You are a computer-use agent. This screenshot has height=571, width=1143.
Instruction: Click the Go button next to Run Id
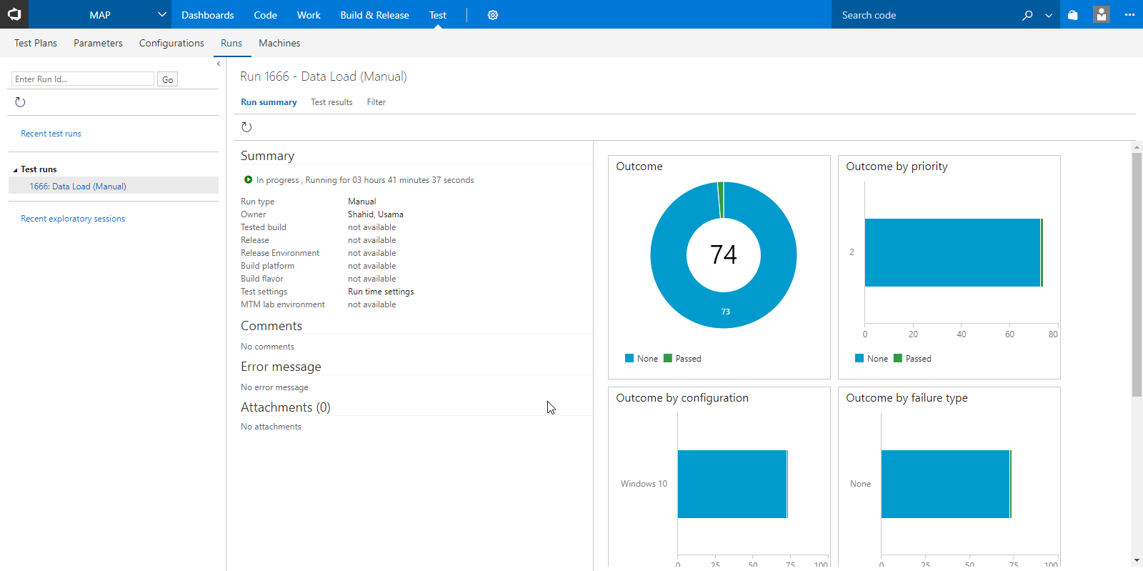[x=167, y=79]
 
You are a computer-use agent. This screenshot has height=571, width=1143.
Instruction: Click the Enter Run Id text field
[x=83, y=79]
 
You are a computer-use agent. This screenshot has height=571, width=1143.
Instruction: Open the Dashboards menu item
[x=207, y=15]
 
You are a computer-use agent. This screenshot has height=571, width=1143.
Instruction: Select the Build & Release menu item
[x=374, y=15]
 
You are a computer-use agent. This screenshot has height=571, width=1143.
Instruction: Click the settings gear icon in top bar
[x=492, y=15]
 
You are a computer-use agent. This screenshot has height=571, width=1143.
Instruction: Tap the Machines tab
[x=279, y=43]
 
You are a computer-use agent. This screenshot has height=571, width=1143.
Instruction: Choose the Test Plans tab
[x=36, y=43]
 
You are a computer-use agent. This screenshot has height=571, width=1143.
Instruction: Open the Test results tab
[x=331, y=102]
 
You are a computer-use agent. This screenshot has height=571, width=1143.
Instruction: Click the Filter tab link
[x=376, y=102]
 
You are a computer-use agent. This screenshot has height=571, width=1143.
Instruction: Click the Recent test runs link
[x=51, y=134]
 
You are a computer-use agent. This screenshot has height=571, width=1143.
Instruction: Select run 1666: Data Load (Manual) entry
[x=78, y=186]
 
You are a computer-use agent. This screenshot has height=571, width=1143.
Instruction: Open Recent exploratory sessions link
[x=73, y=219]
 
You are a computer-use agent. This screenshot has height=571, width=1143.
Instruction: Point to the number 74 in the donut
[x=723, y=254]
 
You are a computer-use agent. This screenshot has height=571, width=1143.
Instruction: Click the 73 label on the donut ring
[x=725, y=312]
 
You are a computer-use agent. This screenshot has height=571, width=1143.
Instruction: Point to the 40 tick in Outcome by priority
[x=961, y=334]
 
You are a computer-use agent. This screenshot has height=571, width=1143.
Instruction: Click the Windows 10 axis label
[x=644, y=484]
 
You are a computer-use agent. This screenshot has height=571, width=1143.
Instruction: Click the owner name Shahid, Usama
[x=375, y=214]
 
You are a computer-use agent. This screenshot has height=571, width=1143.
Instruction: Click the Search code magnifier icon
[x=1027, y=15]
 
